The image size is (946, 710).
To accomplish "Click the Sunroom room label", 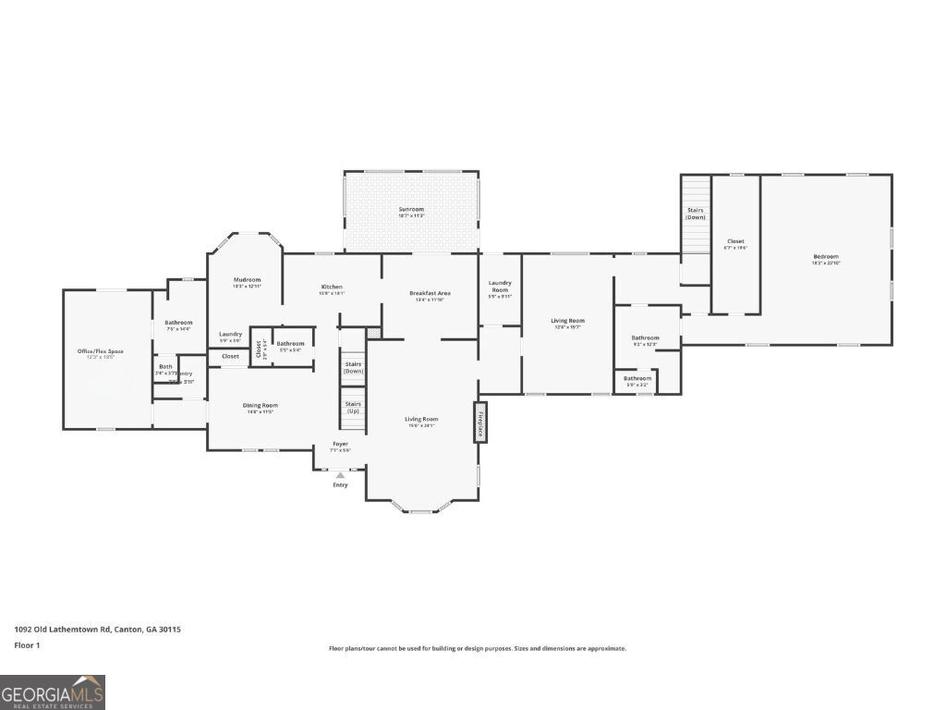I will point(411,210).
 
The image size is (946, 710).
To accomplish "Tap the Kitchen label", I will point(332,287).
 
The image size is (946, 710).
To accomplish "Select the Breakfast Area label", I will point(430,293).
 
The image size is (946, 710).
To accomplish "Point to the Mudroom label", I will point(247,279).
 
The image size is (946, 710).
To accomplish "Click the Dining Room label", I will point(261,405).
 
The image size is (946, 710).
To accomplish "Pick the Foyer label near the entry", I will point(341,445).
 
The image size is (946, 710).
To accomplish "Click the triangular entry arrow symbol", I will point(340,475).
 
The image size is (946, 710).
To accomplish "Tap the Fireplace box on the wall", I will point(480,422).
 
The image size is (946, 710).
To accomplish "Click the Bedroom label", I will point(826,257).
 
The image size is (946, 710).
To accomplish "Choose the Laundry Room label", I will point(500,286).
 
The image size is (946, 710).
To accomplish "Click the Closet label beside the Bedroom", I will point(735,241).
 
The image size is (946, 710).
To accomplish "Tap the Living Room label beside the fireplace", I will point(421,419).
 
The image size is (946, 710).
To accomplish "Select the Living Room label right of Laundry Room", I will point(567,321).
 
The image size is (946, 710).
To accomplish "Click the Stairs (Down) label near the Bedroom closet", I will point(696,213).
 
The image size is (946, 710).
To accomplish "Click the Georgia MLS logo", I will point(53,692).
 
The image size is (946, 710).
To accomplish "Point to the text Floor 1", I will point(28,645).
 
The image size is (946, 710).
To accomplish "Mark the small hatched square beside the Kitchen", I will point(373,332).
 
